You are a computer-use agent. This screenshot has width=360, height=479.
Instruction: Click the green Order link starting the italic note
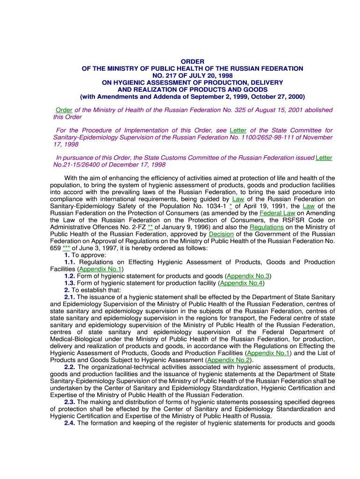coord(64,110)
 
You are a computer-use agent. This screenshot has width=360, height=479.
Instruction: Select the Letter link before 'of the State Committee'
coord(238,130)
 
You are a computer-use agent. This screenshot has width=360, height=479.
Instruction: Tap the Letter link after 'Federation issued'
coord(324,158)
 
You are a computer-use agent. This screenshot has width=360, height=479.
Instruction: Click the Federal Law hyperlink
coord(278,213)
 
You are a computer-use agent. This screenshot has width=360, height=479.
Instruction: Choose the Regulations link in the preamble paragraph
coord(266,227)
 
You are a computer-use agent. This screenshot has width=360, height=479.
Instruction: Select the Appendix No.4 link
coord(242,283)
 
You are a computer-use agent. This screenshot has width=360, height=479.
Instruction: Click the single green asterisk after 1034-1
coord(231,206)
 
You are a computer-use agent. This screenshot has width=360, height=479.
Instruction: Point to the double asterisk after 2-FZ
coord(150,227)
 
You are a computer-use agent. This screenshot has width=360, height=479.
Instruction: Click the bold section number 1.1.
coord(70,262)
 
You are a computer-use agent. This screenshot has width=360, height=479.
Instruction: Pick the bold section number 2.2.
coord(70,367)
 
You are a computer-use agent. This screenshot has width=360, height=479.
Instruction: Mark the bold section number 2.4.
coord(70,423)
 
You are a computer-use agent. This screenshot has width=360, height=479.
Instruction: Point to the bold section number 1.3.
coord(70,283)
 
